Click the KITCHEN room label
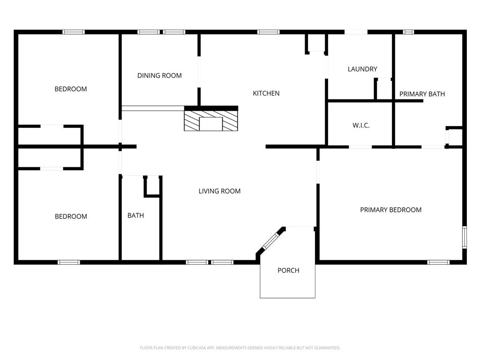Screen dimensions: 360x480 [266, 93]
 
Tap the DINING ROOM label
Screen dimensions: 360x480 [159, 75]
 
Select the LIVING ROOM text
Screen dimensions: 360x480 [219, 191]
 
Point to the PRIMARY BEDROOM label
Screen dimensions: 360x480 [390, 210]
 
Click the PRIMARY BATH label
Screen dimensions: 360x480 [422, 94]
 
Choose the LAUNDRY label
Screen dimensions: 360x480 [362, 69]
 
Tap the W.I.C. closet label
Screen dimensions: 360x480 [361, 126]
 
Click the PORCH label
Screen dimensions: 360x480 [288, 270]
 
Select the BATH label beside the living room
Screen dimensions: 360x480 [135, 216]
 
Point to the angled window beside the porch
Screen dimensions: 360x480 [270, 240]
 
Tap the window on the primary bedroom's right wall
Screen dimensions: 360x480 [465, 237]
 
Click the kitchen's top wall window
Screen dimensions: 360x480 [268, 32]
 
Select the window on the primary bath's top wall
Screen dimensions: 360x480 [408, 32]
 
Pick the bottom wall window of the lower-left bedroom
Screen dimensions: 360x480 [69, 262]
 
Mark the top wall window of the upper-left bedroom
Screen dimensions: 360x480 [74, 32]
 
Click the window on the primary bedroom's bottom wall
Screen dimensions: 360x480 [438, 262]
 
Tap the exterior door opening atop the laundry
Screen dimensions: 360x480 [356, 32]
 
